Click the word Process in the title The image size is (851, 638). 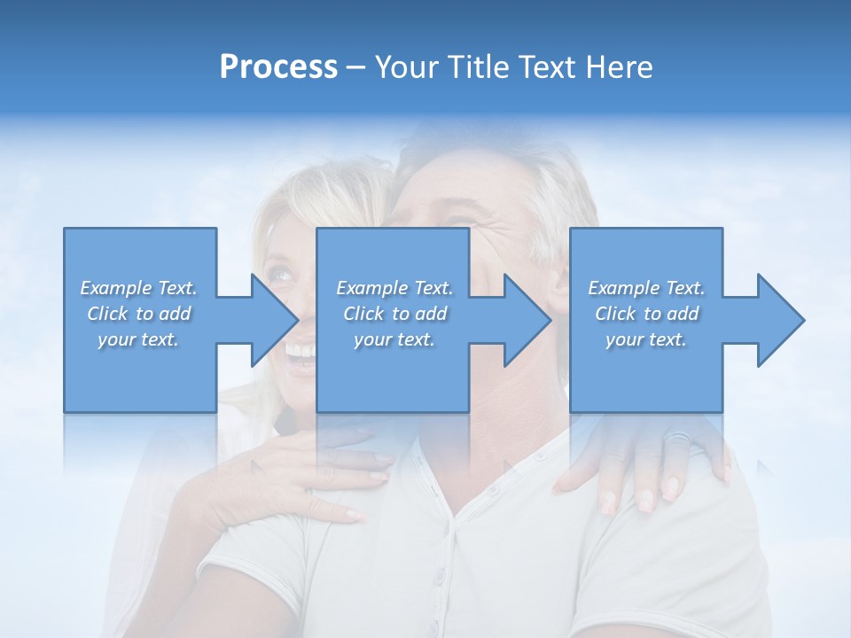coord(278,67)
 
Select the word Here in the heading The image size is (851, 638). coord(620,67)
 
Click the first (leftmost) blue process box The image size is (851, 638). coord(140,319)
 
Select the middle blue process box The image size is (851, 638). coord(393,319)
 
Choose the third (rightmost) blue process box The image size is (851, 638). coord(645,319)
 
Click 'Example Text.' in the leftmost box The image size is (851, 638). coord(138,288)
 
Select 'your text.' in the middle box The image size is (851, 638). coord(394,339)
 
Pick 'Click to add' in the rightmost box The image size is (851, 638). coord(646,314)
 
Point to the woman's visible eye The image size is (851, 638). coord(282,276)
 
